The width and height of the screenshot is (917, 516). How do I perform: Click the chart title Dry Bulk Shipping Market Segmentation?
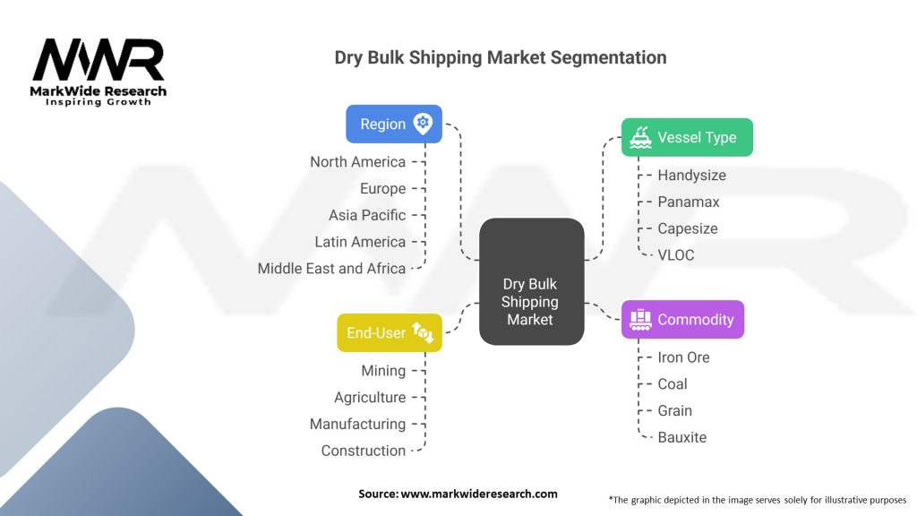(500, 57)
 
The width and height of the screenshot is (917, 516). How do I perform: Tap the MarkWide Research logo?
(99, 72)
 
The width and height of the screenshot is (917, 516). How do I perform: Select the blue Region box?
(393, 125)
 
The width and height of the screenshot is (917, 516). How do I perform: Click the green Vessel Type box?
(687, 137)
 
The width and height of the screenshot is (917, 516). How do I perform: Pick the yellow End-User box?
(389, 332)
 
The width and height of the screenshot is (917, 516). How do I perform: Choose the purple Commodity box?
(682, 320)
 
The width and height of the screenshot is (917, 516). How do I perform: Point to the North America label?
(357, 162)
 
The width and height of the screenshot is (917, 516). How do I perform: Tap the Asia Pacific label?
(366, 215)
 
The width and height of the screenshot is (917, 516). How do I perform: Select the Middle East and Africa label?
(331, 269)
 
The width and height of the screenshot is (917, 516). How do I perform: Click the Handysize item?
(691, 176)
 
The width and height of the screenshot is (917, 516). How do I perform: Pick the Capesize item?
(687, 228)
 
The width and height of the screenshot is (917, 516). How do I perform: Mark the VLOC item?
(675, 255)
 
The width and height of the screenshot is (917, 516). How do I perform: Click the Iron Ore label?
(683, 357)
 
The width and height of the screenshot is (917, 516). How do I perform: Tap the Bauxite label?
(681, 437)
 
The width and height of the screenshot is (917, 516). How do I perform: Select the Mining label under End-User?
(383, 371)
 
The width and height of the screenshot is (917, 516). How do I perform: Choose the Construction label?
(363, 451)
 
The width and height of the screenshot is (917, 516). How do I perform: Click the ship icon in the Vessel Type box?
(640, 137)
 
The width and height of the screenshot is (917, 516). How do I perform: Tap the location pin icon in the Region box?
(423, 125)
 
